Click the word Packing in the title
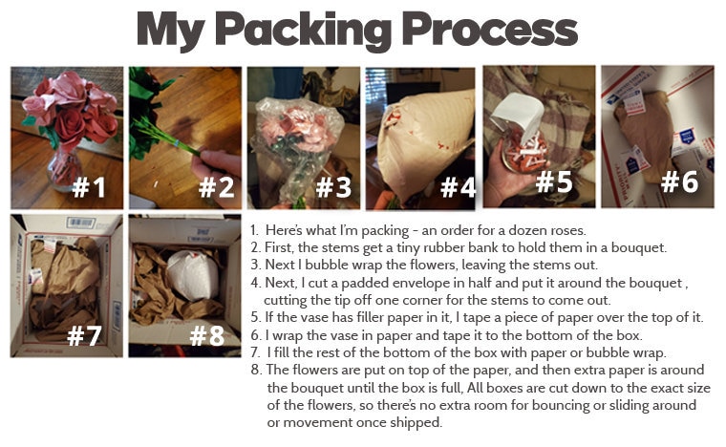coord(304,31)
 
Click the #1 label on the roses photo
coord(90,187)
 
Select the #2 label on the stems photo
coord(216,187)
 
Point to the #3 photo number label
coord(333,187)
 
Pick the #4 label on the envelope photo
coord(458,187)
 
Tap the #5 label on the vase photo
coord(554,181)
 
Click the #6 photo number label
coord(680,181)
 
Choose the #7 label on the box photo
coord(84,335)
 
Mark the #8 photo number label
coord(207,335)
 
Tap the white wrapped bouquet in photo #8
coord(193,275)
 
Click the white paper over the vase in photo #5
coord(518,115)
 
